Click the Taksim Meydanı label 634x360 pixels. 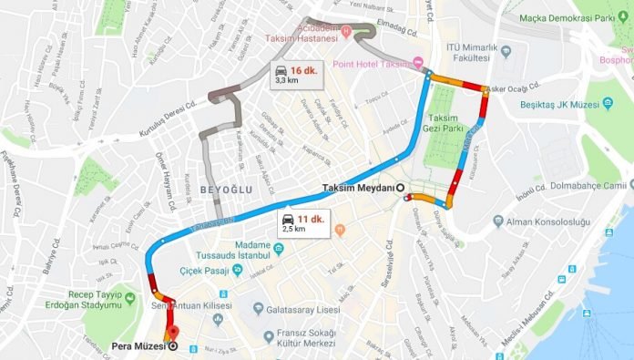pyautogui.click(x=359, y=188)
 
